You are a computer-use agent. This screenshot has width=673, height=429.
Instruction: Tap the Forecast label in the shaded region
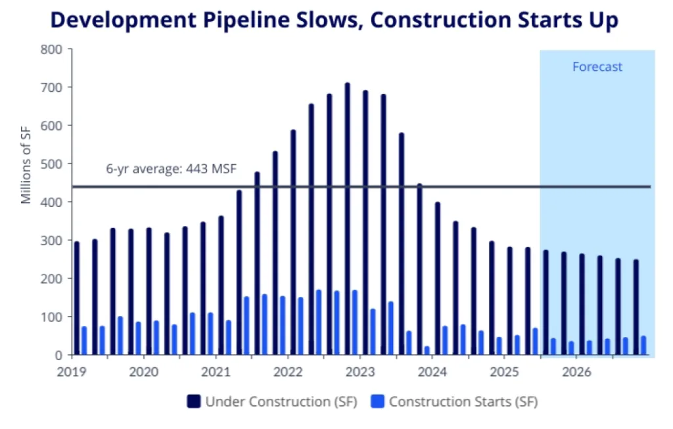tap(597, 67)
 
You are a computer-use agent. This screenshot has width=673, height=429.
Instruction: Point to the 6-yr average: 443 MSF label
tap(171, 169)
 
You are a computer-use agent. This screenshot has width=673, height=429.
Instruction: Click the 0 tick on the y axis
tap(58, 355)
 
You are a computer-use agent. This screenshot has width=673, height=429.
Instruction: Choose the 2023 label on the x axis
tap(360, 372)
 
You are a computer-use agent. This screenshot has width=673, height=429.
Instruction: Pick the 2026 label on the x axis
tap(575, 372)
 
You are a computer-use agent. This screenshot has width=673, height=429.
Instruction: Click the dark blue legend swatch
tap(194, 401)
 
